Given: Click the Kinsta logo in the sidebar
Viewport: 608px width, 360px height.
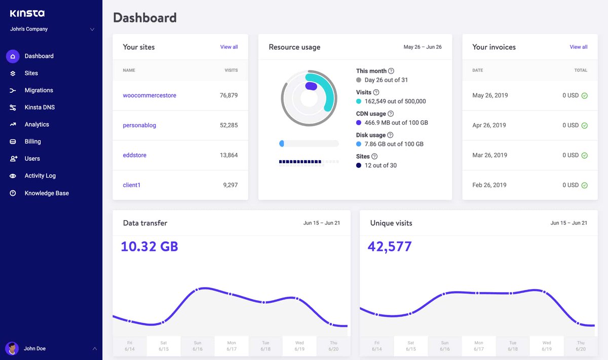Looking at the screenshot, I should click(27, 13).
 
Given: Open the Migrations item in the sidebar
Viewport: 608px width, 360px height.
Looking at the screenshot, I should click(39, 90).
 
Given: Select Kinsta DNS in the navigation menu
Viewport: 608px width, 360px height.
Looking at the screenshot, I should click(40, 107).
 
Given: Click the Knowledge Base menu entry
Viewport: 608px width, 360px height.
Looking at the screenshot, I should click(47, 193).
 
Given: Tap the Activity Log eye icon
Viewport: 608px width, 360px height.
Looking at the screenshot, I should click(13, 176).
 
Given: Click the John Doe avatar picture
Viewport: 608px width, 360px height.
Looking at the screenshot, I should click(12, 348).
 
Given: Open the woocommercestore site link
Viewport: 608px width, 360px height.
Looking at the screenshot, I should click(149, 95).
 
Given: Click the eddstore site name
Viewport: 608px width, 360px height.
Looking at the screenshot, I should click(135, 155).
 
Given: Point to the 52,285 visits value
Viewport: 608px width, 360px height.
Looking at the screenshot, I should click(229, 125).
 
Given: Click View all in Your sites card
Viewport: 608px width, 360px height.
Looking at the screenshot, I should click(229, 47).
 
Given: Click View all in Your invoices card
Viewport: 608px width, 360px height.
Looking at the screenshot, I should click(579, 47).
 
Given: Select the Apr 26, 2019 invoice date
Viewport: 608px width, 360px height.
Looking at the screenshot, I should click(489, 125).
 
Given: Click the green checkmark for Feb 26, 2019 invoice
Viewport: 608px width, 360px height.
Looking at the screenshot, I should click(584, 185).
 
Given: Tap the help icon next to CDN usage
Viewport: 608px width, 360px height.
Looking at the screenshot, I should click(391, 114).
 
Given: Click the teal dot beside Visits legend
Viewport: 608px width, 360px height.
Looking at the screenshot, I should click(359, 101).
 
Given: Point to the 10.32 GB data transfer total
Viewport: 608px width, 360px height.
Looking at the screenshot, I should click(149, 246).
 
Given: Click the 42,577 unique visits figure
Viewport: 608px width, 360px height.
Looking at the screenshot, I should click(390, 246).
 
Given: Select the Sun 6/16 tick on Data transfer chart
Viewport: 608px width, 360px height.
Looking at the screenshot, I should click(198, 346).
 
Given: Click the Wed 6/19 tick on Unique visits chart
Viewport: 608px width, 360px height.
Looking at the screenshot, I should click(547, 346).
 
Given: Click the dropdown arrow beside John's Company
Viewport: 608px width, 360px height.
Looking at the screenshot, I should click(92, 29).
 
